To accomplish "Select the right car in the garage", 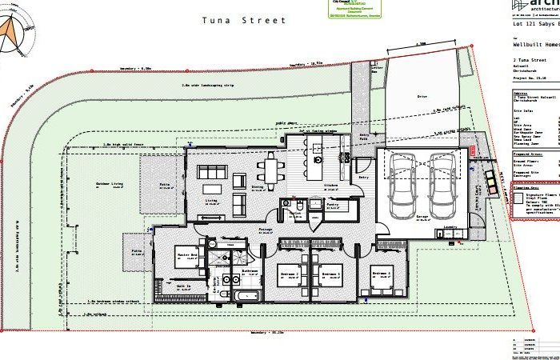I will point(442,180).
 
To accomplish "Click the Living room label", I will point(211,201).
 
